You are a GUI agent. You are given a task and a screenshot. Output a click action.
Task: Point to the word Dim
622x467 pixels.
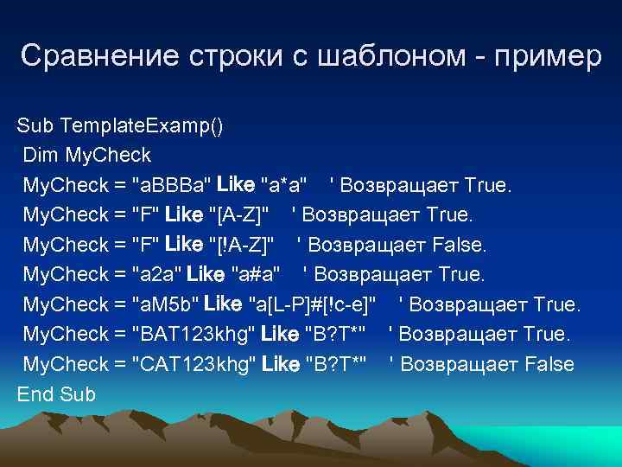tap(41, 156)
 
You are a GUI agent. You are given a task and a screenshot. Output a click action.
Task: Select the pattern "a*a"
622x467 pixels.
tap(282, 185)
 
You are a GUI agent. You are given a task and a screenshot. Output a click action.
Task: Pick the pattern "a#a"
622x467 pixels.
tap(256, 275)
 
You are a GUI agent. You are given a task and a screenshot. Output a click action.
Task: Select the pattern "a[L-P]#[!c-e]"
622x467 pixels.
tap(312, 304)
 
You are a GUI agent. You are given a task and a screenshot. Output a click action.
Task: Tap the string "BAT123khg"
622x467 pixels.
tap(192, 334)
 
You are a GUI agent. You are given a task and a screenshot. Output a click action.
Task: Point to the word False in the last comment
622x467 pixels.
tap(548, 364)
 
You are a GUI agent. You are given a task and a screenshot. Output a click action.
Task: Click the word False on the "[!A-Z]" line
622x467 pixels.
tap(458, 245)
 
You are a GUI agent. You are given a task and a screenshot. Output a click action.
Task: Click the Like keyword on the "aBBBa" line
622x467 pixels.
tap(236, 185)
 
